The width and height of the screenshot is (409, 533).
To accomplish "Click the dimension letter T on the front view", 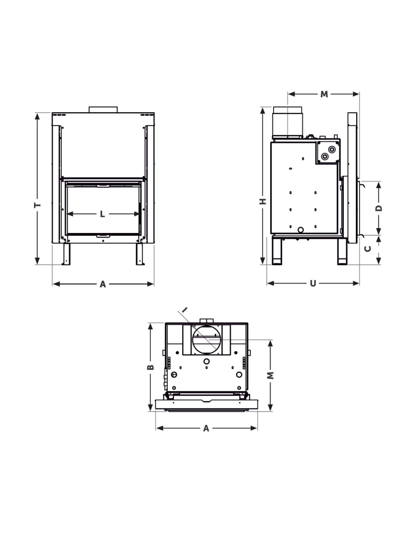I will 38,205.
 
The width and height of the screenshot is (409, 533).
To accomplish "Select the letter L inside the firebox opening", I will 102,214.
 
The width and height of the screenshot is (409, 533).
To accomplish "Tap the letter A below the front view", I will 103,284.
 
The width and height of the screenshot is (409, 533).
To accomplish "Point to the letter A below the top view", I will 206,428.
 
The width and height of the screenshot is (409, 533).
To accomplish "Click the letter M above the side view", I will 324,94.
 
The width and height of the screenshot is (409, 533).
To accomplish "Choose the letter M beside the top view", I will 270,375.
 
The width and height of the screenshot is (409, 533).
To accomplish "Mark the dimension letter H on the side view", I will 263,201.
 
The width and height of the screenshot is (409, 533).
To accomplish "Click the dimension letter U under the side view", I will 313,284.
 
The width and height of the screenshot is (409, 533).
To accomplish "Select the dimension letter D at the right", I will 379,208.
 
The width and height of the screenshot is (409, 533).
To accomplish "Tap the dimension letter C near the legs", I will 368,248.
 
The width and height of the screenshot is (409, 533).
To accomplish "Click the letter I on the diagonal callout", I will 185,309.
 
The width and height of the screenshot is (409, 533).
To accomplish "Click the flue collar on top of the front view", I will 103,109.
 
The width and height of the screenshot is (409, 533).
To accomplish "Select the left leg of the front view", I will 66,254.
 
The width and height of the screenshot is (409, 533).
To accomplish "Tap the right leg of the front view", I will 140,254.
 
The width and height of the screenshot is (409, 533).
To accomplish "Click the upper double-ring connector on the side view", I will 332,149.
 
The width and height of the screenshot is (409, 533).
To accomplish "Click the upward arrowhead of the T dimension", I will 38,116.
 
